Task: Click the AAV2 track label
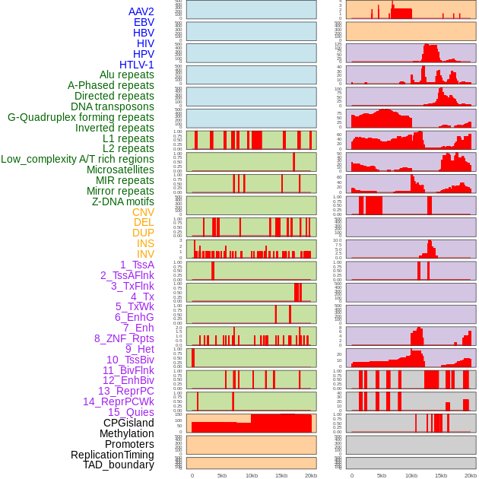click(141, 11)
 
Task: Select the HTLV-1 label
click(137, 65)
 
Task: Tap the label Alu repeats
click(127, 75)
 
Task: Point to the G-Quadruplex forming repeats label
click(81, 117)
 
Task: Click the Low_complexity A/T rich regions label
click(78, 159)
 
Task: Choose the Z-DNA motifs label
click(123, 201)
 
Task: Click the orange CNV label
click(143, 212)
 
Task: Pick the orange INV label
click(145, 254)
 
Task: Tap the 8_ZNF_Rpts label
click(124, 338)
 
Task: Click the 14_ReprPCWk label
click(119, 401)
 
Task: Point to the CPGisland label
click(128, 423)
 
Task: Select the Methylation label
click(127, 433)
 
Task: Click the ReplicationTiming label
click(113, 455)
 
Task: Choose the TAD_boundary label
click(119, 465)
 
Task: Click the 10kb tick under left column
click(252, 475)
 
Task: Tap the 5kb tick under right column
click(382, 475)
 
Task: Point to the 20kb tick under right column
click(471, 475)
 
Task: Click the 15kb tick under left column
click(281, 475)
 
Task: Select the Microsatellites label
click(120, 170)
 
